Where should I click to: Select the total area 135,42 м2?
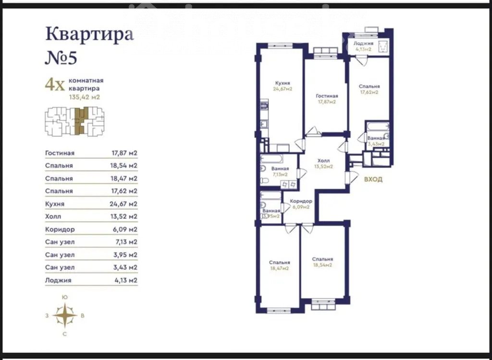[x=85, y=97]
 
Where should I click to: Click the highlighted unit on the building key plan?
[x=81, y=121]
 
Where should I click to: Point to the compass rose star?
[x=65, y=315]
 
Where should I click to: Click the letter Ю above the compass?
[x=65, y=297]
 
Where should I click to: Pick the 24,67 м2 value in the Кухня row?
[x=124, y=204]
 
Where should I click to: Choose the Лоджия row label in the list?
[x=58, y=280]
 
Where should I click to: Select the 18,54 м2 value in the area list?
[x=123, y=166]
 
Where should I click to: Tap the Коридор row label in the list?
[x=60, y=229]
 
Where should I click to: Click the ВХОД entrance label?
[x=373, y=180]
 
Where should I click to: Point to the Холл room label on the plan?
[x=323, y=161]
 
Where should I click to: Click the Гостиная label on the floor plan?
[x=327, y=96]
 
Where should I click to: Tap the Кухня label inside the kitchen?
[x=283, y=83]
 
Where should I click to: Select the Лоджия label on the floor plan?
[x=363, y=44]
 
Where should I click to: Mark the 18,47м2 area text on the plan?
[x=279, y=268]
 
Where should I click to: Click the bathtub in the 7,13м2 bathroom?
[x=272, y=158]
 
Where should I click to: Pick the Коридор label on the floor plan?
[x=301, y=201]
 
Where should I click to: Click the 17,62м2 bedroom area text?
[x=369, y=92]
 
